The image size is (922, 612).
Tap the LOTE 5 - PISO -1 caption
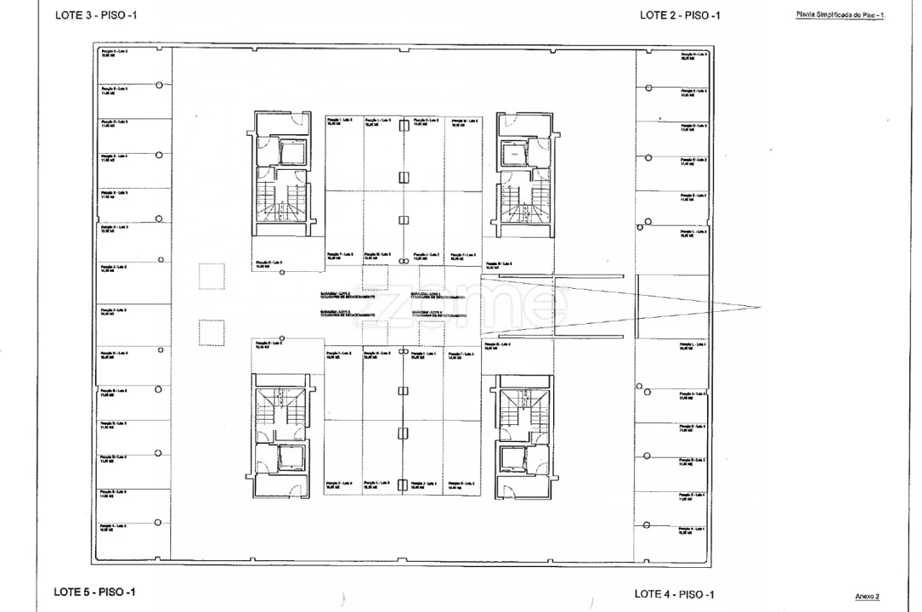tap(94, 592)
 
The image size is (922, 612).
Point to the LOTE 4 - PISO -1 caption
tap(675, 594)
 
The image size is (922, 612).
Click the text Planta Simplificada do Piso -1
tap(840, 15)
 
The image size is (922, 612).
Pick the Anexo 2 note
tap(867, 597)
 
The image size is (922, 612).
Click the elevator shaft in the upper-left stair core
tap(291, 153)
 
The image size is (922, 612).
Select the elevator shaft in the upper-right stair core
tap(515, 154)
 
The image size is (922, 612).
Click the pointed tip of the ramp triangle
tap(759, 306)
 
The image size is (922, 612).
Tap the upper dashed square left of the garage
tap(212, 276)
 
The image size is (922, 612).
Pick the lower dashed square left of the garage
tap(212, 332)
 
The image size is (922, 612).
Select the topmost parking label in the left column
tap(115, 54)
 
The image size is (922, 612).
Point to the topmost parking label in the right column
tap(693, 56)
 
